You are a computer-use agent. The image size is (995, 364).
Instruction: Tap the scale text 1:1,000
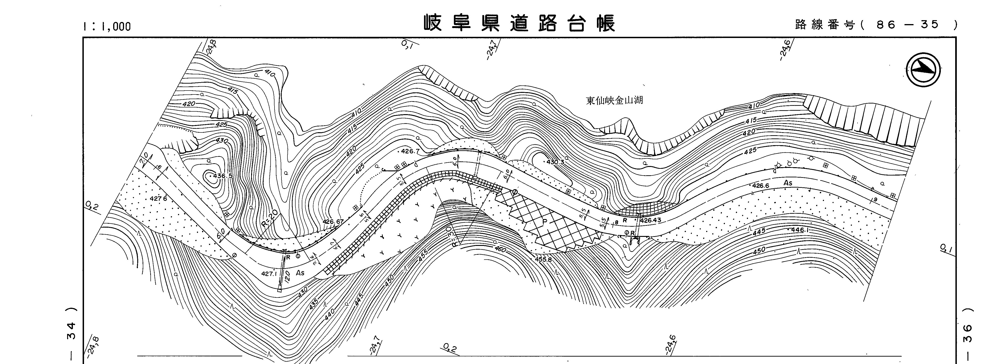click(x=107, y=26)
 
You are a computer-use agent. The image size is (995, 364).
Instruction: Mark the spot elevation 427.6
click(x=158, y=199)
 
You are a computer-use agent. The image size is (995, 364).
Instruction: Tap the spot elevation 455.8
click(x=543, y=259)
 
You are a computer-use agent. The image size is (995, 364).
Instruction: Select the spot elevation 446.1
click(x=800, y=230)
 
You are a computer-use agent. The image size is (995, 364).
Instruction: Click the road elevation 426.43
click(x=651, y=220)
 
